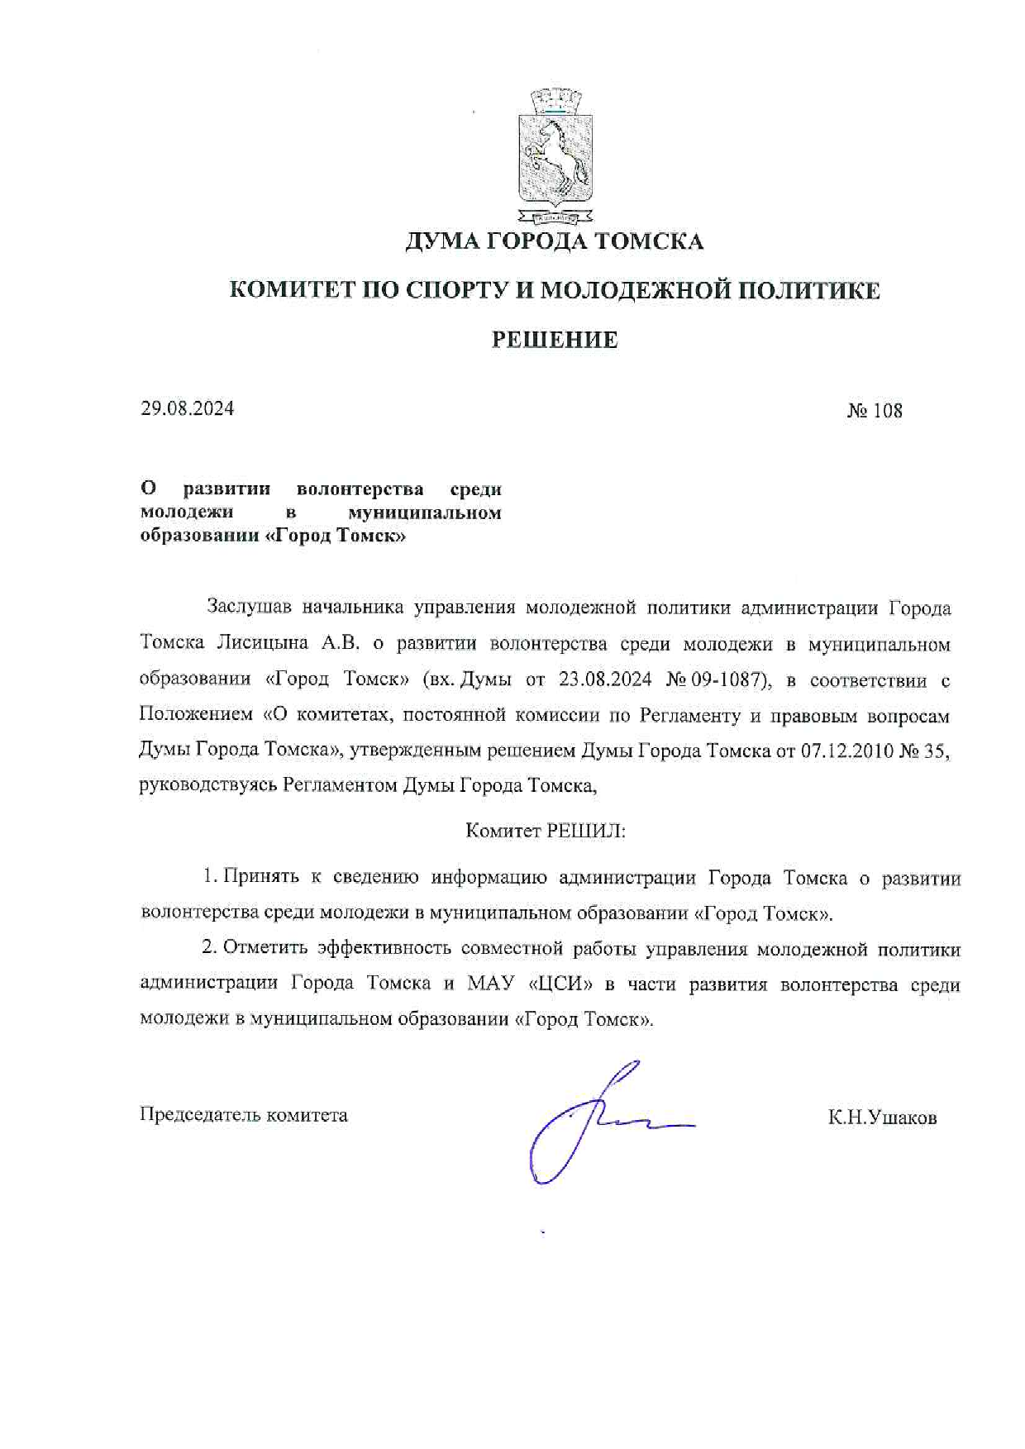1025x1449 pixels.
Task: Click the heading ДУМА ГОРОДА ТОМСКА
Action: [554, 241]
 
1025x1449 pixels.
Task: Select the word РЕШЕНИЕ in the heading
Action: [554, 340]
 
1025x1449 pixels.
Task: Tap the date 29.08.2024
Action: [187, 408]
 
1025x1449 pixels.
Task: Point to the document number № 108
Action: [875, 411]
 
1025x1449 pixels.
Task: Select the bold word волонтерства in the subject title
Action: [360, 489]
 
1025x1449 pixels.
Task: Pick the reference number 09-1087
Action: [727, 679]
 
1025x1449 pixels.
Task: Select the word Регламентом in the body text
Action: [340, 785]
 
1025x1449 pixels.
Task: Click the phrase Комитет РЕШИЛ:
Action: [546, 831]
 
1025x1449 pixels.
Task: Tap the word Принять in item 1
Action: [260, 877]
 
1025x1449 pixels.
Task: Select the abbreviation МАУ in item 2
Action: [491, 984]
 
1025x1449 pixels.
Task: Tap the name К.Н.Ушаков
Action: [882, 1118]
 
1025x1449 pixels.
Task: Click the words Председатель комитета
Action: [244, 1115]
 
